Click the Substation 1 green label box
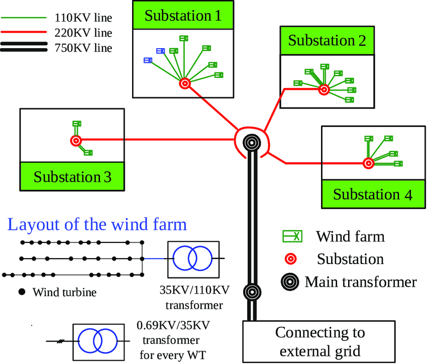183,16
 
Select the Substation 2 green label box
327,40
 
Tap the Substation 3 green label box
72,177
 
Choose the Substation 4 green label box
373,194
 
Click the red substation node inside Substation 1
184,84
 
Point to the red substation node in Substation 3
76,141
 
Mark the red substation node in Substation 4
368,163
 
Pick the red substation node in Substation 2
324,90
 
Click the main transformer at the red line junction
252,143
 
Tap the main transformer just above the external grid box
252,291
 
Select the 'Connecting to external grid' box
320,341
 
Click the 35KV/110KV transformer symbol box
193,259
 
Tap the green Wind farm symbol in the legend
292,236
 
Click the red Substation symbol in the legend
291,259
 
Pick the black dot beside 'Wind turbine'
21,292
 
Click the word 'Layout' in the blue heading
31,224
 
